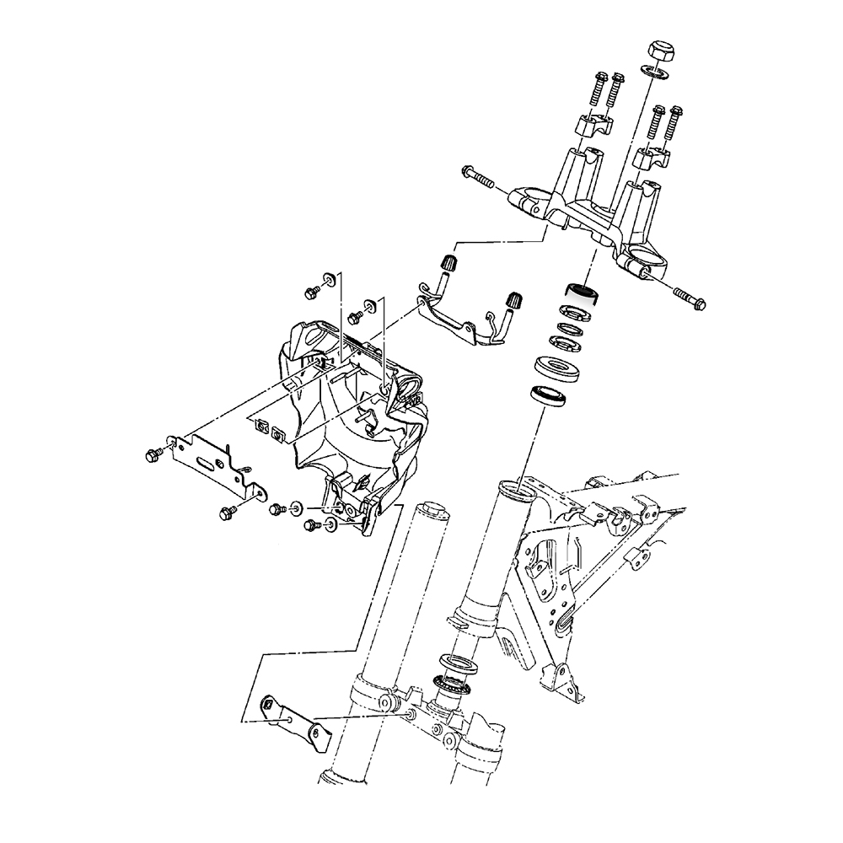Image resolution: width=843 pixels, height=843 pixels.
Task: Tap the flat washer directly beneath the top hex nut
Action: (655, 72)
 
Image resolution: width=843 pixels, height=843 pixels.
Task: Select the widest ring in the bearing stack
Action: (556, 368)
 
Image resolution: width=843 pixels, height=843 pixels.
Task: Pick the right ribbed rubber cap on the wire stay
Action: (512, 300)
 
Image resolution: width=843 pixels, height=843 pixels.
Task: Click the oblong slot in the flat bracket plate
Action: (206, 463)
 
